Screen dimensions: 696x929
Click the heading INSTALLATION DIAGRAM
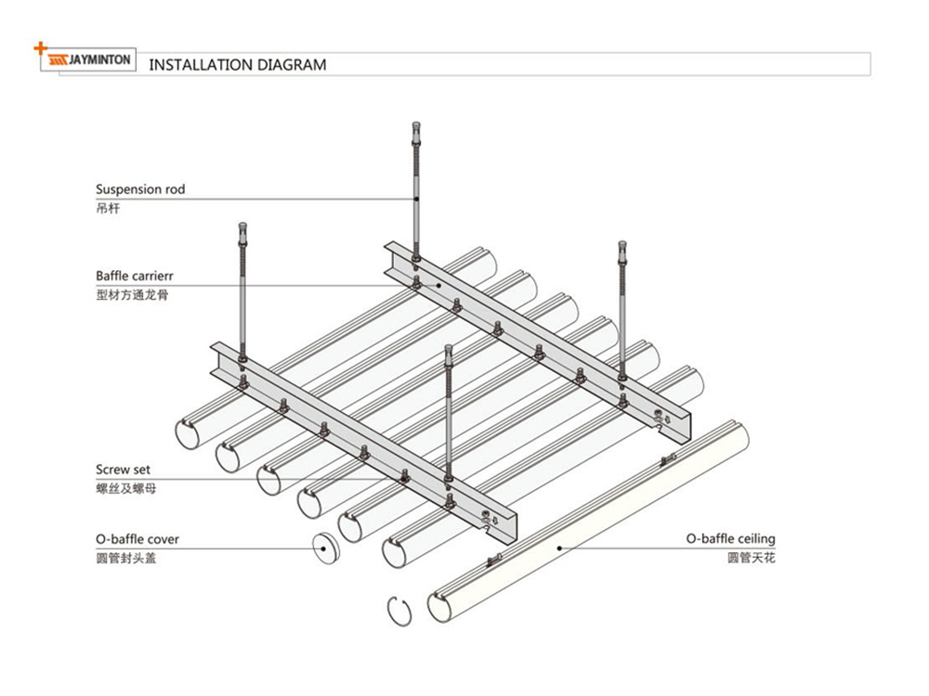238,65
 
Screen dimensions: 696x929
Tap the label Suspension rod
140,189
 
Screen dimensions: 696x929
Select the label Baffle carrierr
135,276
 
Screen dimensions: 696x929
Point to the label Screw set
123,470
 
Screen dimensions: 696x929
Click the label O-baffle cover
137,539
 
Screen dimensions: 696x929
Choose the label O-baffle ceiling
730,538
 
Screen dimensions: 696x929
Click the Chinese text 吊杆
108,208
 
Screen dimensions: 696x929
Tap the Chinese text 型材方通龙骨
132,295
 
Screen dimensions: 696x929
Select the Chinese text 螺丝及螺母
125,488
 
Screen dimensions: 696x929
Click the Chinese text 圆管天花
751,558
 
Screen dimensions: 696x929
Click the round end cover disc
324,548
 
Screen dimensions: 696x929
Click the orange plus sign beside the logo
39,46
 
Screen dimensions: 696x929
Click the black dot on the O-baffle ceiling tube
558,548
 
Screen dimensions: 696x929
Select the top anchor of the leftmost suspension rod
242,227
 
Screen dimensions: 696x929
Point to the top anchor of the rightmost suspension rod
622,248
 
